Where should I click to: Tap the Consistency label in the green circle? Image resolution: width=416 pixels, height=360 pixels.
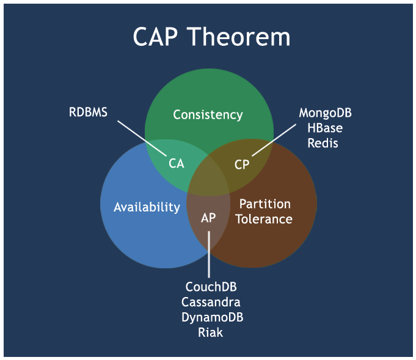coord(208,114)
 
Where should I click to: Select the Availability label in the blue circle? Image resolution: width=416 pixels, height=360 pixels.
coord(147,207)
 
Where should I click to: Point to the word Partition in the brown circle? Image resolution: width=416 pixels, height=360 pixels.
coord(265,204)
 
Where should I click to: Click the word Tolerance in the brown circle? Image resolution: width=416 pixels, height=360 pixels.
coord(264,219)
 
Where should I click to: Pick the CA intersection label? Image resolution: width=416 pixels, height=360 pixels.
coord(176,164)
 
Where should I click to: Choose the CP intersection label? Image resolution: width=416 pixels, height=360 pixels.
coord(242,164)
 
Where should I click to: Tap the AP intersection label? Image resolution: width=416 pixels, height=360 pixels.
coord(208,218)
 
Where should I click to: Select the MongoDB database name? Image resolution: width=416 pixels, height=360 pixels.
coord(325,113)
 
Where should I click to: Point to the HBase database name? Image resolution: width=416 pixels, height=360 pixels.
coord(325,128)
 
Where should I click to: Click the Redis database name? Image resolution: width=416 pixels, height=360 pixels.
coord(325,143)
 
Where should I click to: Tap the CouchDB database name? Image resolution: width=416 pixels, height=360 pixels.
coord(211,287)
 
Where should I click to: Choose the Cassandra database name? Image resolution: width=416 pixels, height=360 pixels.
coord(211,302)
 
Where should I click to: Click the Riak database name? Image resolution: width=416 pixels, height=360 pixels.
coord(210,332)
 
